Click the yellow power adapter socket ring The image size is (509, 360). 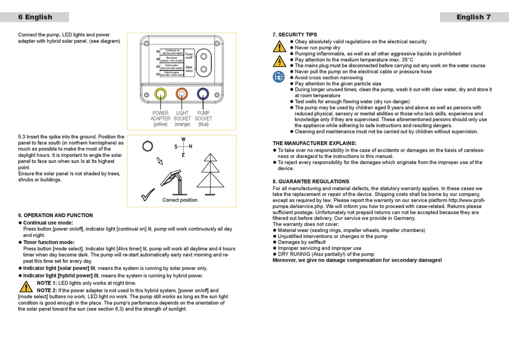click(160, 94)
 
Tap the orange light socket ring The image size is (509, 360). click(182, 94)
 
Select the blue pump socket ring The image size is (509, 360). click(203, 94)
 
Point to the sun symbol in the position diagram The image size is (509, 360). click(148, 146)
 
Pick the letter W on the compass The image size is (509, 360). click(183, 139)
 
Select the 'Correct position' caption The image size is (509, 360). click(180, 200)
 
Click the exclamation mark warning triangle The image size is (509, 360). click(279, 46)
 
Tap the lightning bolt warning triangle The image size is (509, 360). click(279, 61)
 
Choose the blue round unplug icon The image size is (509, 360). click(279, 77)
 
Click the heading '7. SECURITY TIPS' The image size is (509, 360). click(295, 35)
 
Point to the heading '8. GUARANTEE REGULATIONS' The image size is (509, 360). click(311, 182)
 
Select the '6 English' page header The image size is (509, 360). click(35, 17)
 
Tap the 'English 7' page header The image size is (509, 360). click(474, 17)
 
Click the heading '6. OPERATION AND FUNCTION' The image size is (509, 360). click(55, 215)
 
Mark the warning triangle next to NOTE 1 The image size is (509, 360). click(26, 286)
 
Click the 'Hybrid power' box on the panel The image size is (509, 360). click(171, 73)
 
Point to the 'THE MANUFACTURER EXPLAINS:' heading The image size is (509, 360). click(315, 144)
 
